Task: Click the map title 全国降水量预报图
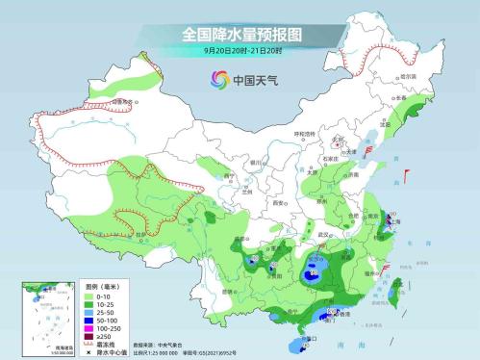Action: [x=240, y=34]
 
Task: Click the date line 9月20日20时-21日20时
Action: [x=240, y=51]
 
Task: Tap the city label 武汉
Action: [x=324, y=234]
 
